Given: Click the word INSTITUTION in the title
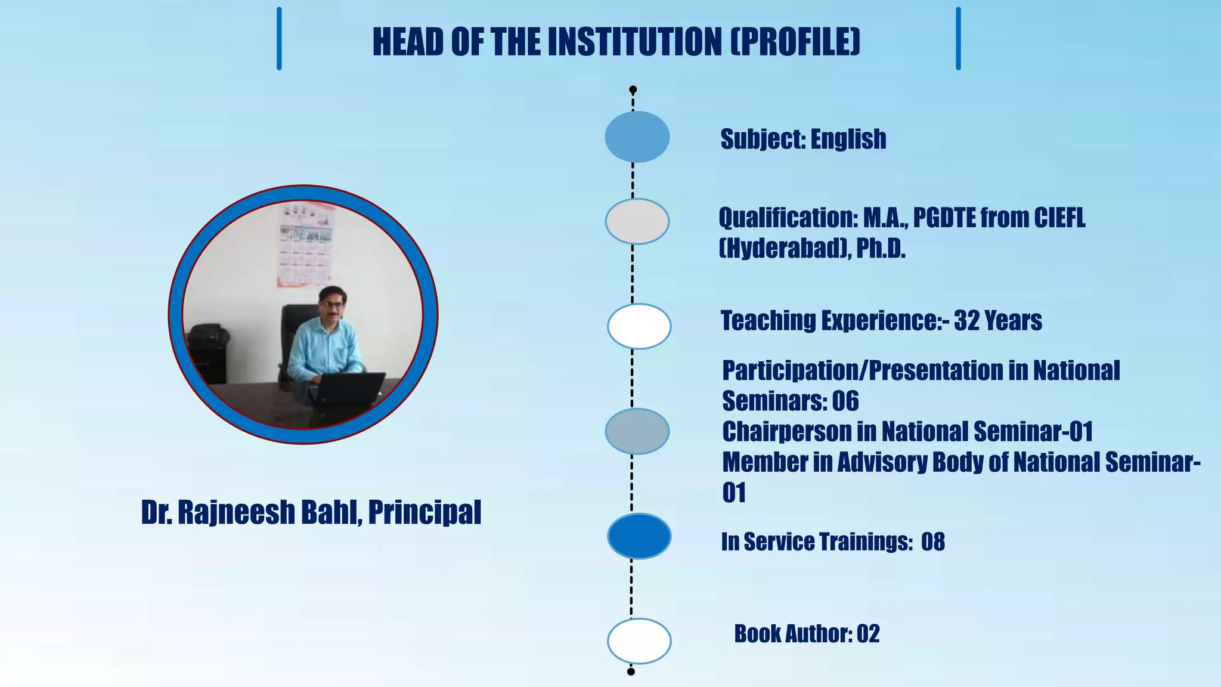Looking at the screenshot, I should point(634,42).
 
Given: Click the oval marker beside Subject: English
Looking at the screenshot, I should point(637,137).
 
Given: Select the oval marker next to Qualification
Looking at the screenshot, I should point(637,221).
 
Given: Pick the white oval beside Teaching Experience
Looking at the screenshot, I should point(639,326).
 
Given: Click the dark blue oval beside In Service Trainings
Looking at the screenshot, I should point(639,536).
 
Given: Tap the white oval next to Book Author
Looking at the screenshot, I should point(639,641).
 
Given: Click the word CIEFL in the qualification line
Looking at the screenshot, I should point(1059,218).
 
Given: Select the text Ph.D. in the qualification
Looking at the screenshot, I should point(881,249).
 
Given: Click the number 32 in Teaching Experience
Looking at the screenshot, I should point(966,321).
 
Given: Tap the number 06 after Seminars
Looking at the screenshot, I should point(845,401).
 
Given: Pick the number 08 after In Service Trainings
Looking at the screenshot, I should point(933,542).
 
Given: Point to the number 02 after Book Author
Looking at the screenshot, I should point(868,634).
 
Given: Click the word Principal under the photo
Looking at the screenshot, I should point(424,513).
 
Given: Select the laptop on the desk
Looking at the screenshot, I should point(350,388).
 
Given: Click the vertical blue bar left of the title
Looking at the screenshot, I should point(279,39).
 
